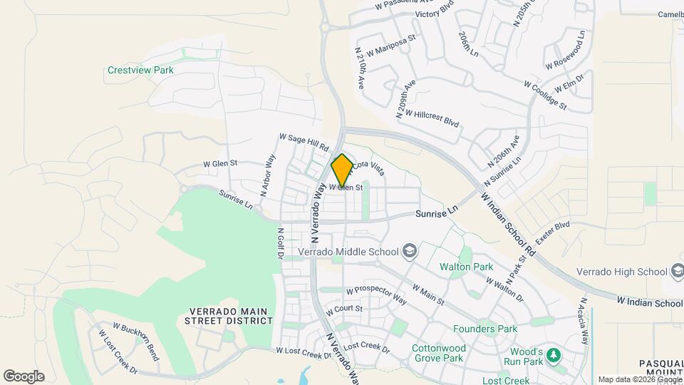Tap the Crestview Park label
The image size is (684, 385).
[x=140, y=71]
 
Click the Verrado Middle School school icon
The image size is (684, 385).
[x=410, y=250]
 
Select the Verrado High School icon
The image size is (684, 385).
[x=678, y=271]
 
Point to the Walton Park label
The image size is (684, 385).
[x=466, y=267]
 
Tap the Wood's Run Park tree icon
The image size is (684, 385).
[x=554, y=355]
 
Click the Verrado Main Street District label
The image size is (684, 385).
[x=231, y=316]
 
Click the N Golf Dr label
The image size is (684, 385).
[x=281, y=243]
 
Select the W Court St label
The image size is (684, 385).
[x=344, y=310]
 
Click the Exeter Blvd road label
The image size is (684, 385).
[x=553, y=234]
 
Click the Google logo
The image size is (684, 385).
[x=24, y=376]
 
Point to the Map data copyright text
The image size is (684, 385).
[x=639, y=379]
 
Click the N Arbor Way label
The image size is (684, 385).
[x=270, y=171]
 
